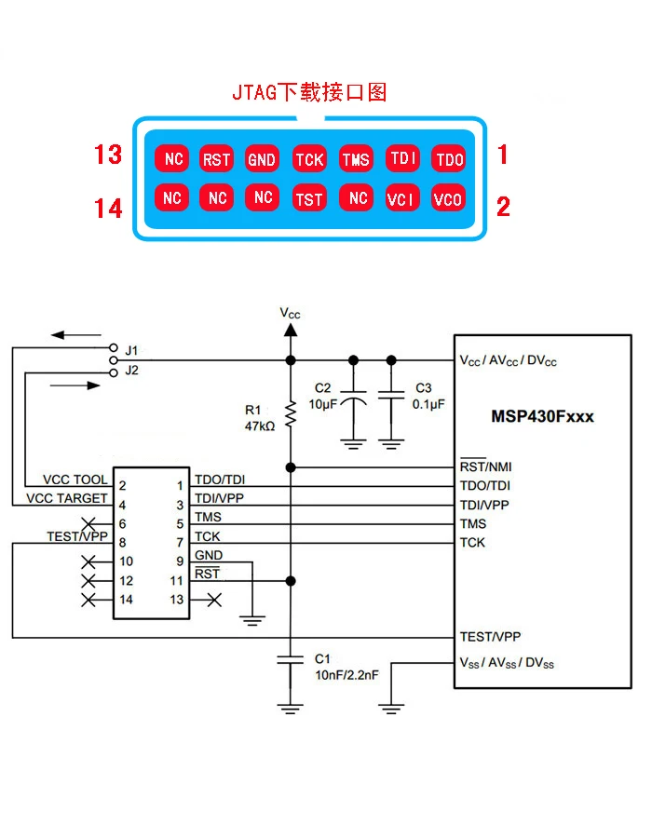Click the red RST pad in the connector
pos(216,158)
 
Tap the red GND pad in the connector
pos(262,158)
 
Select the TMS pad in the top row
pos(356,158)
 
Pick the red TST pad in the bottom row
pos(309,198)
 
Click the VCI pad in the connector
pos(401,198)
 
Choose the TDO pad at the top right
pos(449,158)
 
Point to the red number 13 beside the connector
pos(108,155)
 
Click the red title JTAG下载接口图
pos(309,92)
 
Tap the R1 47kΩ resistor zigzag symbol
pos(291,413)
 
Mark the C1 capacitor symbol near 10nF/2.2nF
pos(291,659)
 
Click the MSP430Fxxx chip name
pos(542,416)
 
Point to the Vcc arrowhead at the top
pos(291,330)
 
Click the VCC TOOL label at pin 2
pos(75,480)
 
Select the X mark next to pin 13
pos(214,600)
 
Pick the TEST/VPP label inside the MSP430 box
pos(490,637)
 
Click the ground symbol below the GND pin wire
pos(252,620)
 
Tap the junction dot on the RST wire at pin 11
pos(291,580)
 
